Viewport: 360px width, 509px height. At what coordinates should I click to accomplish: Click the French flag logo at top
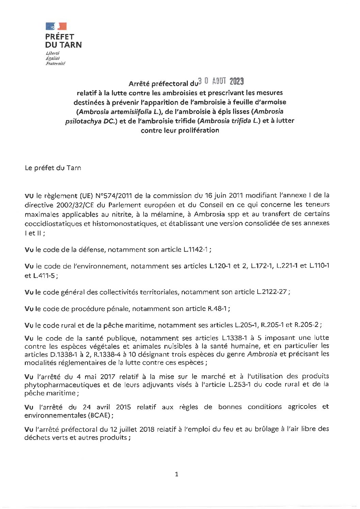click(x=56, y=26)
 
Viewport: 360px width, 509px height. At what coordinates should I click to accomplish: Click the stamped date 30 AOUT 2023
click(x=221, y=81)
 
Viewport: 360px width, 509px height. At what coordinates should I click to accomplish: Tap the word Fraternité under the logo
click(x=55, y=63)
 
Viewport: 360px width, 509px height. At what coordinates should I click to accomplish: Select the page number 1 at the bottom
click(x=176, y=474)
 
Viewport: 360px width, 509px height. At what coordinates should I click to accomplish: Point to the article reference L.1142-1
click(x=196, y=249)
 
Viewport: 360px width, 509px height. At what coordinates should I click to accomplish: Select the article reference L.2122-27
click(x=272, y=292)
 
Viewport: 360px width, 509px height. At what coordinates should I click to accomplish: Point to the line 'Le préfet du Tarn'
click(x=53, y=168)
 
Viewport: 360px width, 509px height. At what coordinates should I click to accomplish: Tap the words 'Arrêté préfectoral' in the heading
click(x=158, y=83)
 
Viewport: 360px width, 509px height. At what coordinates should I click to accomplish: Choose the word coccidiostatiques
click(x=55, y=224)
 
